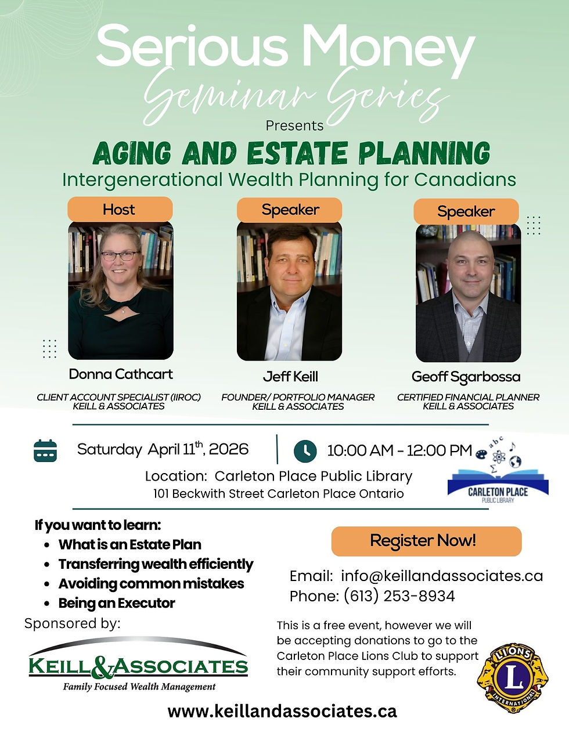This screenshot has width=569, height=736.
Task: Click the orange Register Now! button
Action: tap(426, 541)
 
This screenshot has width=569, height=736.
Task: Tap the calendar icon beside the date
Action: tap(45, 450)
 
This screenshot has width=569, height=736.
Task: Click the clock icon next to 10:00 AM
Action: tap(305, 450)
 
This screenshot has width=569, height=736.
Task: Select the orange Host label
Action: tap(120, 209)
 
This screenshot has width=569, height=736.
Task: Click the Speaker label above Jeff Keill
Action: tap(290, 210)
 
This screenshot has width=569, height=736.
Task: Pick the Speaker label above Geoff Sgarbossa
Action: tap(466, 211)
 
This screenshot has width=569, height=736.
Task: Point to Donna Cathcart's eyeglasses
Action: tap(119, 255)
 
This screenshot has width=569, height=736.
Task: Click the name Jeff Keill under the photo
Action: tap(290, 376)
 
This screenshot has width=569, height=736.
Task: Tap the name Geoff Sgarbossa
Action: tap(466, 377)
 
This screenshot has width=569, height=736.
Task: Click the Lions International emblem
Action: tap(513, 677)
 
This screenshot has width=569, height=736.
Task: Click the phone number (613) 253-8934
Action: tap(399, 596)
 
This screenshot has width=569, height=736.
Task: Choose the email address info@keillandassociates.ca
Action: tap(442, 576)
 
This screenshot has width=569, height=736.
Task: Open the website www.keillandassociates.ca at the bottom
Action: tap(282, 711)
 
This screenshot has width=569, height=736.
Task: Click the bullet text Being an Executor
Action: tap(117, 603)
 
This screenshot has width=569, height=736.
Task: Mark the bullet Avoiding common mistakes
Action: tap(151, 583)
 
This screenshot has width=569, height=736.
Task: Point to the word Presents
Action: tap(294, 125)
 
